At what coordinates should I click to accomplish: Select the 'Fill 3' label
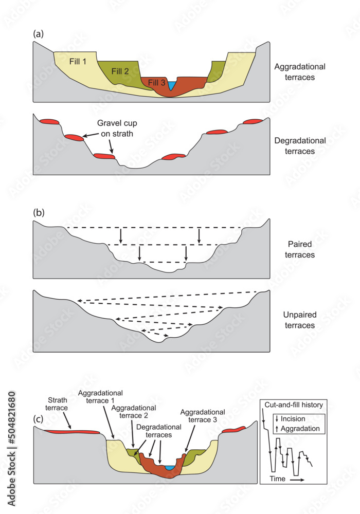pyautogui.click(x=157, y=82)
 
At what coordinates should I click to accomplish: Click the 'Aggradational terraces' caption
pyautogui.click(x=300, y=72)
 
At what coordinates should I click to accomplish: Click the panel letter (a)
pyautogui.click(x=38, y=34)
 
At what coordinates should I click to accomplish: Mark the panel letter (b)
pyautogui.click(x=38, y=212)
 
